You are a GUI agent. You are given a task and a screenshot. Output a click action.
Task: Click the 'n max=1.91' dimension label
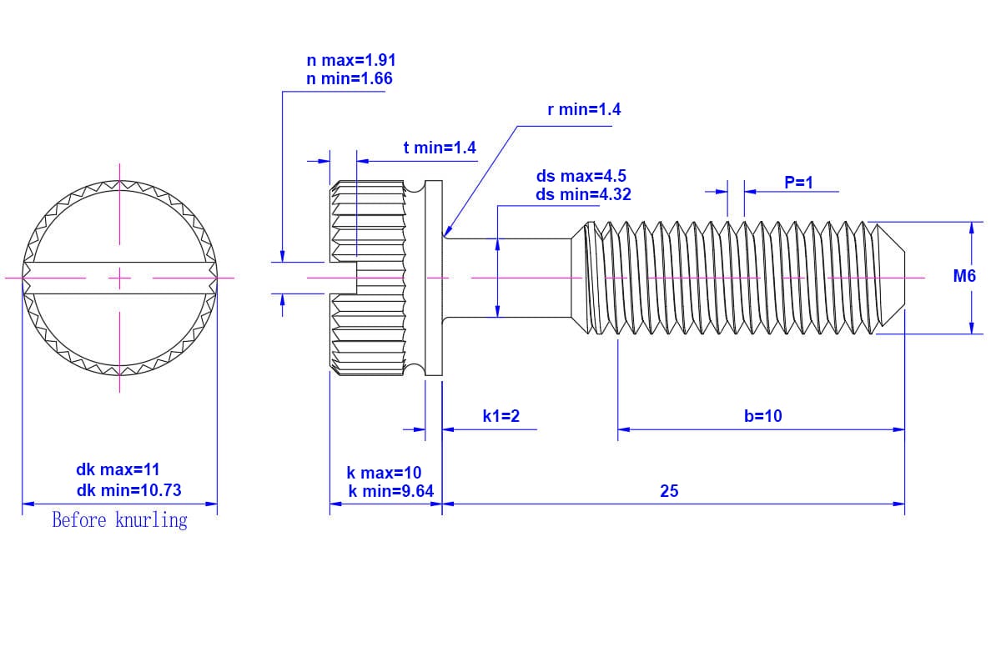coord(351,60)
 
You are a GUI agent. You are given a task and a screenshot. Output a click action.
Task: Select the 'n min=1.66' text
coord(349,78)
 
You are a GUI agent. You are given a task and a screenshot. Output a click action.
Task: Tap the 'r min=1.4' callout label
coord(584,109)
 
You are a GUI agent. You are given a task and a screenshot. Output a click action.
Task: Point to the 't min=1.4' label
coord(440,148)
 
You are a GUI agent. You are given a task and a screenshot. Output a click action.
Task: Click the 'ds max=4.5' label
coord(581,176)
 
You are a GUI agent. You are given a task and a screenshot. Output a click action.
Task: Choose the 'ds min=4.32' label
coord(583,194)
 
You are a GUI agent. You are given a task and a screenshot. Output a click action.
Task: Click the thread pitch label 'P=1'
coord(798,183)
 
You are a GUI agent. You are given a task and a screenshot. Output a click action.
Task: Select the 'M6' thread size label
coord(964,276)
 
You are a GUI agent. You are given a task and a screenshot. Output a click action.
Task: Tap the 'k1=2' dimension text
coord(501,416)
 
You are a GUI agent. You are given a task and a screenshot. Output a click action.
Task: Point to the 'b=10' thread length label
coord(762,416)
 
